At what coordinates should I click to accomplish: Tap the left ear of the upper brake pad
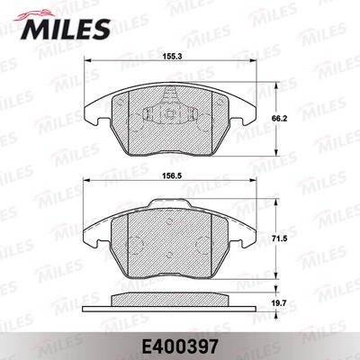pos(93,113)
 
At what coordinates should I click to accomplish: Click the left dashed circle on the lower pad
pos(134,244)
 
